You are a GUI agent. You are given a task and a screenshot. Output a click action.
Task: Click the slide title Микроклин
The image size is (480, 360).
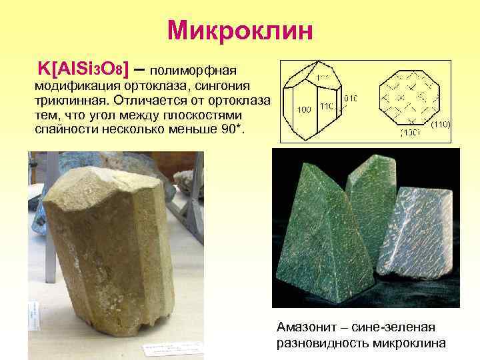pyautogui.click(x=240, y=30)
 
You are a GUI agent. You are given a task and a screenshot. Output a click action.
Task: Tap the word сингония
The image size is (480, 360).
pyautogui.click(x=220, y=85)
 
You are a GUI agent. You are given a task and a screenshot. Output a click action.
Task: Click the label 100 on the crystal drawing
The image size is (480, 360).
pyautogui.click(x=303, y=109)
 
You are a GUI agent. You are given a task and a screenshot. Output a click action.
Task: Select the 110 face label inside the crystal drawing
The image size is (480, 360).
pyautogui.click(x=327, y=106)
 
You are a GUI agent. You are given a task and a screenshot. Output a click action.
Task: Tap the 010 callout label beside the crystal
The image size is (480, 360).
pyautogui.click(x=351, y=98)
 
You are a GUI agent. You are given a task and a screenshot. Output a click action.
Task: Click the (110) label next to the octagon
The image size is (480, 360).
pyautogui.click(x=441, y=125)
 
